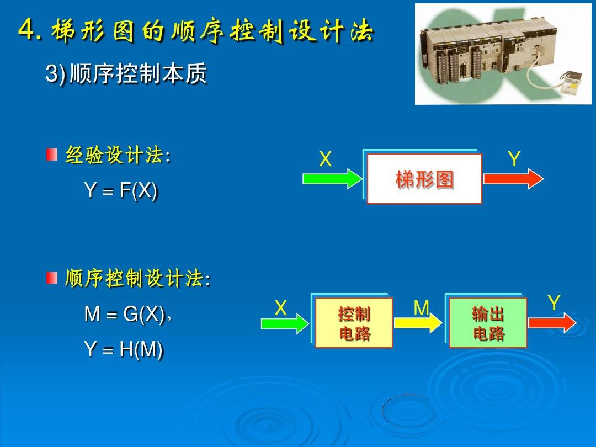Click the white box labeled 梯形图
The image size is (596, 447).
pyautogui.click(x=424, y=179)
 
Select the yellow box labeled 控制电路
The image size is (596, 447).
pyautogui.click(x=354, y=323)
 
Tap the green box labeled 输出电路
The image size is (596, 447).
pyautogui.click(x=488, y=323)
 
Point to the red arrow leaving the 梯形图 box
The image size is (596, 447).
pyautogui.click(x=514, y=178)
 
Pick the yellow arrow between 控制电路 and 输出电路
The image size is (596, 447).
pyautogui.click(x=418, y=323)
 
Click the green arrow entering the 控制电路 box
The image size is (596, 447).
pyautogui.click(x=285, y=323)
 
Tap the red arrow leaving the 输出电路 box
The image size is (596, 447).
pyautogui.click(x=552, y=323)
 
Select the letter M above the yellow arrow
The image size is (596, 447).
pyautogui.click(x=421, y=308)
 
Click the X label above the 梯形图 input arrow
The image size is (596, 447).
pyautogui.click(x=326, y=159)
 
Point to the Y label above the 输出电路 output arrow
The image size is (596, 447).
pyautogui.click(x=554, y=303)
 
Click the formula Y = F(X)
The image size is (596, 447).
pyautogui.click(x=120, y=190)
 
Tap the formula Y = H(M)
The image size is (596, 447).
pyautogui.click(x=124, y=349)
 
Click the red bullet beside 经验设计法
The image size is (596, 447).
pyautogui.click(x=52, y=155)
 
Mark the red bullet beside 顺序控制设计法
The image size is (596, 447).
pyautogui.click(x=52, y=278)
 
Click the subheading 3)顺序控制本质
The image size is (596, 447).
pyautogui.click(x=126, y=73)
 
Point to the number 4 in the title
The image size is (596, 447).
pyautogui.click(x=26, y=29)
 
